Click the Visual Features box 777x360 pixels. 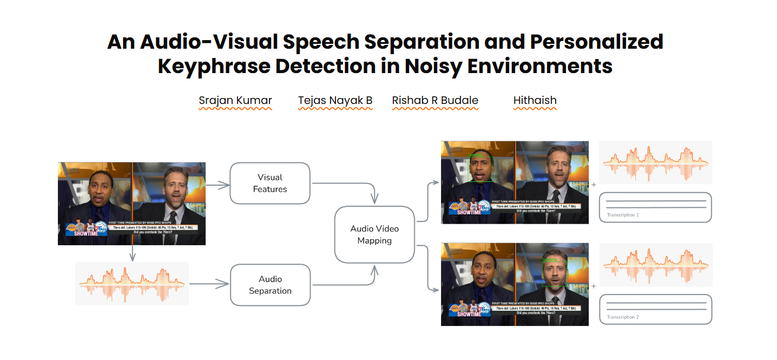270,184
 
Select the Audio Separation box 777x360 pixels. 270,285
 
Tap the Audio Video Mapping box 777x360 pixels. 374,234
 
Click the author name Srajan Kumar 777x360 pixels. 235,100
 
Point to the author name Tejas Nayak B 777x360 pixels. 335,100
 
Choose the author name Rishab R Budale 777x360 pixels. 435,100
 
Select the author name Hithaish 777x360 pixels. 535,100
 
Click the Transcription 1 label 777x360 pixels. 623,215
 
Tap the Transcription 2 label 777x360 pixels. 623,317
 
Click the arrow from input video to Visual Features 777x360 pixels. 218,185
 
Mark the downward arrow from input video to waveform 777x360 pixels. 132,253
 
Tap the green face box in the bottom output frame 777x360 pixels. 555,272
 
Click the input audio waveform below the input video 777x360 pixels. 131,283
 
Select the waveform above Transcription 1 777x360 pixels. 655,162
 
